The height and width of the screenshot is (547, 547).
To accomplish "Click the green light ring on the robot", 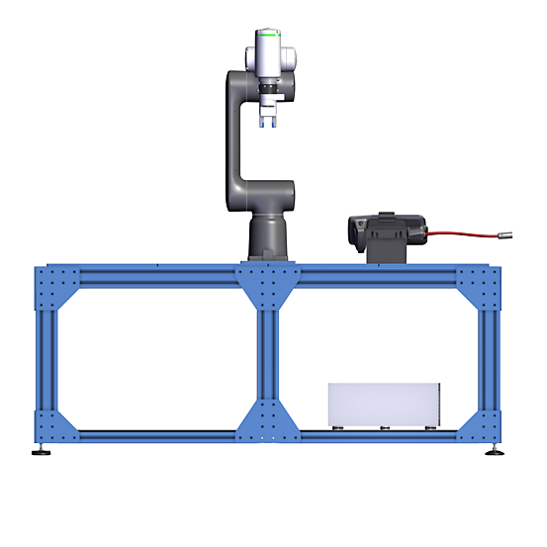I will (x=266, y=34).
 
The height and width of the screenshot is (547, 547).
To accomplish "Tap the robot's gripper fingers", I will (x=266, y=120).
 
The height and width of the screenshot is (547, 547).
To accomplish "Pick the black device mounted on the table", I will (x=386, y=229).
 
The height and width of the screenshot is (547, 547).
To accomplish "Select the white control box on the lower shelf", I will (x=382, y=406).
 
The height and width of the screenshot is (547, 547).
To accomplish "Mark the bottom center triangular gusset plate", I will (x=267, y=422).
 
